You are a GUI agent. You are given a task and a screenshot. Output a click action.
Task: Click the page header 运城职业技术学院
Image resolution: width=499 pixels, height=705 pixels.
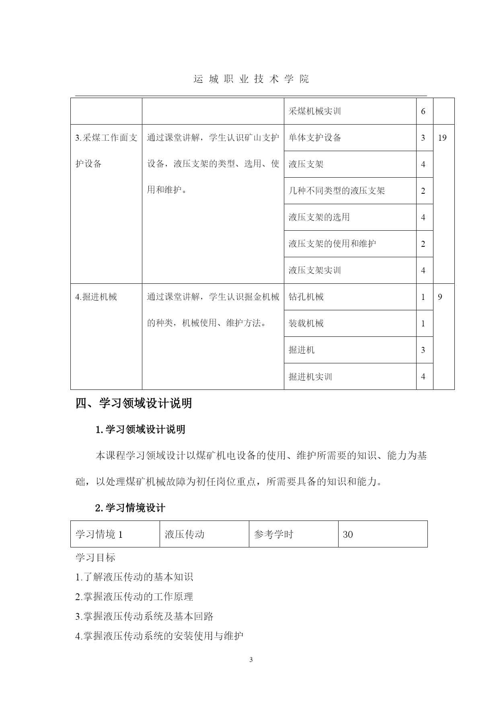point(251,79)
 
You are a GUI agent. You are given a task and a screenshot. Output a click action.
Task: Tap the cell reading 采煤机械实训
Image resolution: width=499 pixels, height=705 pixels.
point(314,111)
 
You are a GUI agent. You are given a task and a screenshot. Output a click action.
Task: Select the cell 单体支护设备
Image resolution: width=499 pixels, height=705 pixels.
point(315,138)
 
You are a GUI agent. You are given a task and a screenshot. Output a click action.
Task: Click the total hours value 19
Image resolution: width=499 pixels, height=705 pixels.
point(442,138)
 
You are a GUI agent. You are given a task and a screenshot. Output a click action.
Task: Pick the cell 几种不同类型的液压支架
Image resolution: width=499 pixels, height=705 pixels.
point(337,191)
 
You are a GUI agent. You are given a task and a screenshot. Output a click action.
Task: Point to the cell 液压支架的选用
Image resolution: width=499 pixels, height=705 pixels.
point(319,217)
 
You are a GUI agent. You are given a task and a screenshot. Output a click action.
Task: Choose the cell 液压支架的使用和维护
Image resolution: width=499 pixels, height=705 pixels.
point(332,244)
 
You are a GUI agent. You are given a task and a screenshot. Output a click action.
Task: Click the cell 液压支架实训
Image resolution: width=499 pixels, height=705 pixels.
point(314,271)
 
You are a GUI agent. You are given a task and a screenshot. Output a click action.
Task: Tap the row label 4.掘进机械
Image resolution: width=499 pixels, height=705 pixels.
point(96,297)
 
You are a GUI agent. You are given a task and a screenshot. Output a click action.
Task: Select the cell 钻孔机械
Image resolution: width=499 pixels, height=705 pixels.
point(306,297)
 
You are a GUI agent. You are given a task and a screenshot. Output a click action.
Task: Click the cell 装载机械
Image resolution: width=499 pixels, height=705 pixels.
point(306,324)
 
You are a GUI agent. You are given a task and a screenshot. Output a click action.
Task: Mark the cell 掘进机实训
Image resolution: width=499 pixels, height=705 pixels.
point(310,377)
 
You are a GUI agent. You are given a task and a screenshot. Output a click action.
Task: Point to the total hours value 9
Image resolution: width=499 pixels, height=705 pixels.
point(440,297)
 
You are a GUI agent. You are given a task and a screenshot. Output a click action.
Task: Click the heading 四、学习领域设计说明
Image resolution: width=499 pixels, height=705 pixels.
point(133,403)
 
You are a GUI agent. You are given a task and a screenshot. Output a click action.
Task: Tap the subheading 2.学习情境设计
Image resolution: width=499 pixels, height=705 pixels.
point(130,508)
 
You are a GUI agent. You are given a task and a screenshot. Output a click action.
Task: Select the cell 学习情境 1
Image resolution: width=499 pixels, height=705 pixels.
point(99,534)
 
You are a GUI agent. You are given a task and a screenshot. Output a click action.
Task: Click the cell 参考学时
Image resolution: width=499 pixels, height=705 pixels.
point(273,534)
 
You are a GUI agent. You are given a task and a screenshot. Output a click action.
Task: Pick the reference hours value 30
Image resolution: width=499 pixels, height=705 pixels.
point(348,534)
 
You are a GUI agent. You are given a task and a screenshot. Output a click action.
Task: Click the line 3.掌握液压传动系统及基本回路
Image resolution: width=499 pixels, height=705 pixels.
point(144,617)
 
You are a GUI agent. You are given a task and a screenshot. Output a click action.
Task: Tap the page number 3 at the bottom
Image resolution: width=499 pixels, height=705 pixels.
point(251,660)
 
